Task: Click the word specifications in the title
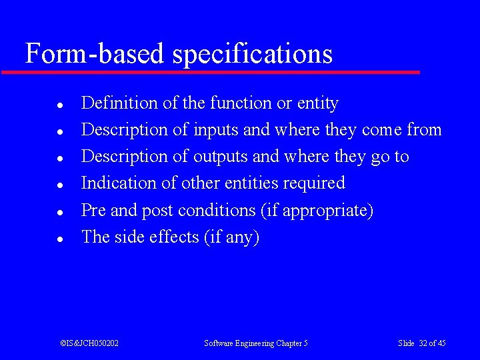[x=253, y=54]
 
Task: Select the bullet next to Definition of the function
[x=59, y=105]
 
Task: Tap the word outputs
[x=221, y=157]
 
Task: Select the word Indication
[x=119, y=183]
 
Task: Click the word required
[x=314, y=184]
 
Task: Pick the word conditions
[x=217, y=211]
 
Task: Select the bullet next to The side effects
[x=59, y=238]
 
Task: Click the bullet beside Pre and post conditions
[x=59, y=211]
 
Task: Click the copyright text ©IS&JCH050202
[x=89, y=343]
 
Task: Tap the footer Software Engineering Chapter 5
[x=256, y=343]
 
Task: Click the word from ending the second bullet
[x=424, y=130]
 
